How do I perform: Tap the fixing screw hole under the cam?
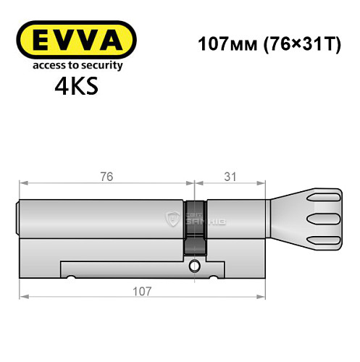[194, 267]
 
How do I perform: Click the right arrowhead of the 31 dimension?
[264, 185]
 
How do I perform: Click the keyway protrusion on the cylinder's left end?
[17, 217]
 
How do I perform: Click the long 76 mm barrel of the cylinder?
[101, 217]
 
